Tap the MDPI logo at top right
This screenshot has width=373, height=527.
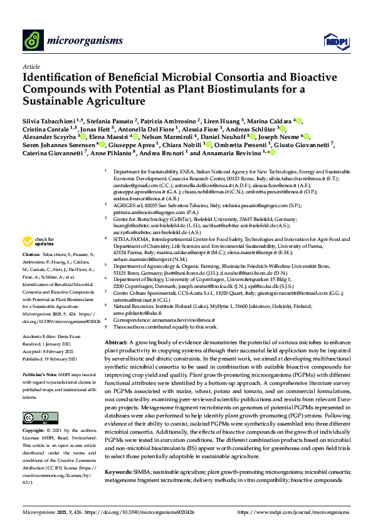332,41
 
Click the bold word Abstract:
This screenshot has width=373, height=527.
115,344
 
